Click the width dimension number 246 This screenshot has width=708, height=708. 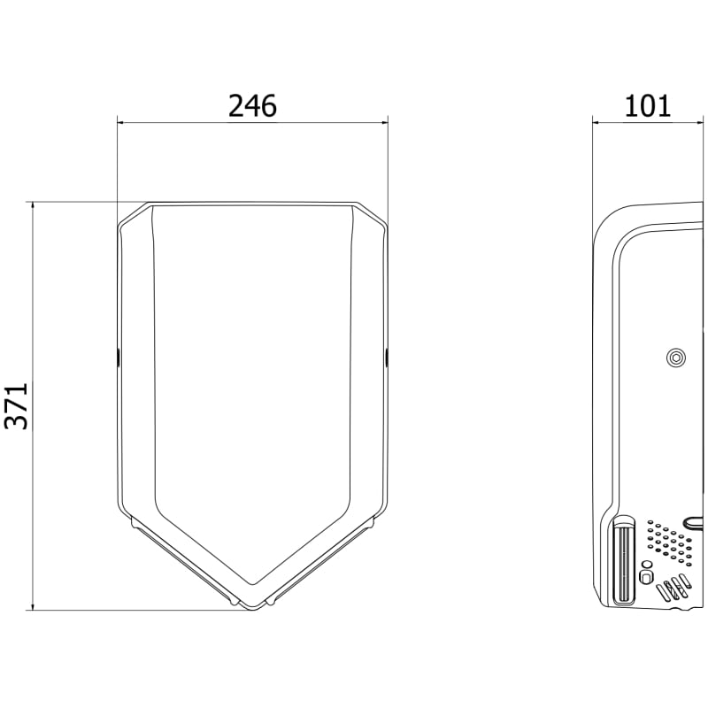(252, 106)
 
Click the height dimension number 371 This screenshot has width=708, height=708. (17, 406)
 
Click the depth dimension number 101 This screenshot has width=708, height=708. (648, 106)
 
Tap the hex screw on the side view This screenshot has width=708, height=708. (676, 358)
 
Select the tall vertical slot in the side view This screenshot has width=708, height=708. (624, 560)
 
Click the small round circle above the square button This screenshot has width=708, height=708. (647, 564)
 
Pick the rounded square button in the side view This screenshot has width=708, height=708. (647, 577)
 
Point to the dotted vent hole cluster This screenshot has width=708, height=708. (669, 543)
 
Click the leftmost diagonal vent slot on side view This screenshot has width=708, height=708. (663, 591)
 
